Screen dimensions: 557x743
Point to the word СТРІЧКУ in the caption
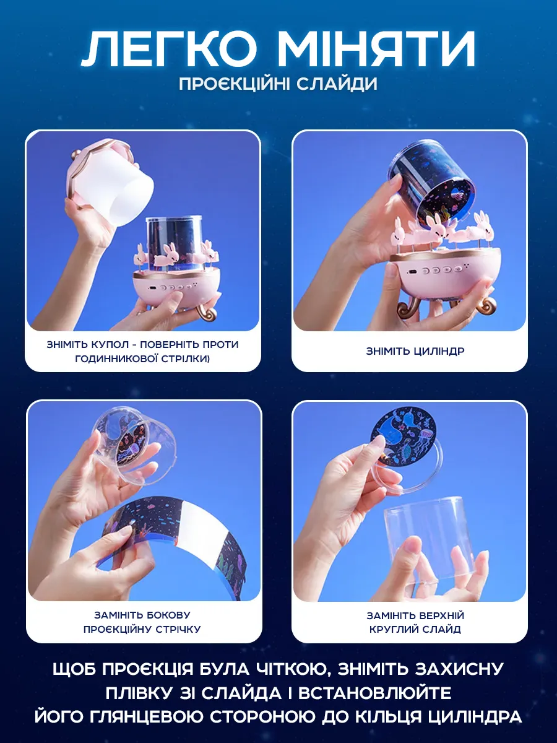(178, 629)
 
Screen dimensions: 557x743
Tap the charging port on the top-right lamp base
(413, 271)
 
